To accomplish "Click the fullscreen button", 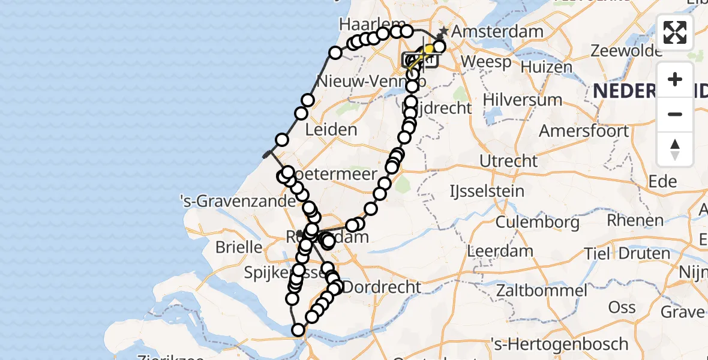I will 675,32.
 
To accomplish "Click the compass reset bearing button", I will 675,149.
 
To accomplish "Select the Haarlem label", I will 365,24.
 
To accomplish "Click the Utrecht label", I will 509,161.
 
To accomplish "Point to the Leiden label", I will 331,130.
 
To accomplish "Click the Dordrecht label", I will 383,287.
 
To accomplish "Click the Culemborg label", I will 538,223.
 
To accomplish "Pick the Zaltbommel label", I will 541,291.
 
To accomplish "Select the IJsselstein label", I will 487,191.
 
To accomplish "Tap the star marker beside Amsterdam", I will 443,31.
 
